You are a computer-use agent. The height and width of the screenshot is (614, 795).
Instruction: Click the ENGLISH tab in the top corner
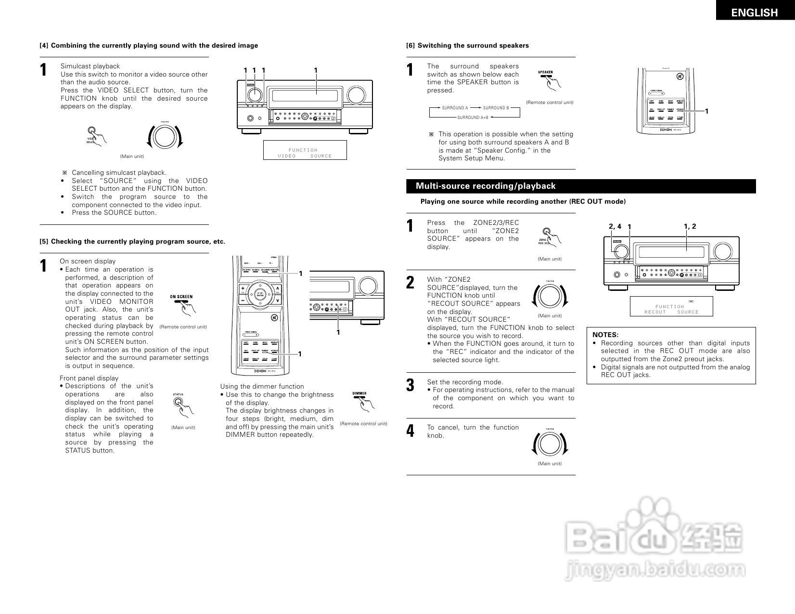point(754,13)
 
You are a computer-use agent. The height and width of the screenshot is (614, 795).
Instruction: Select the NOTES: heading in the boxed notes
point(605,335)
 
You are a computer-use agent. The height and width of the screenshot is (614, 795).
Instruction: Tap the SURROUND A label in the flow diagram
point(455,108)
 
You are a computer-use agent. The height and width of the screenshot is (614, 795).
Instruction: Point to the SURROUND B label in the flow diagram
point(496,108)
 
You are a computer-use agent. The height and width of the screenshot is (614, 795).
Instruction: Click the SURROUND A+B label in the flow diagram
point(473,118)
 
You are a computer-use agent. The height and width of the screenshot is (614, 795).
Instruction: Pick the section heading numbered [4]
point(149,46)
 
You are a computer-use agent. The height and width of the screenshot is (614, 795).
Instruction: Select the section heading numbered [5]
point(132,242)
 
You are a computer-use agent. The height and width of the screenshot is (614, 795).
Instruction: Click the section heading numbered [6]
point(467,46)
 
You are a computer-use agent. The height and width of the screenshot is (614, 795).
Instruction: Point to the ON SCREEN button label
point(181,297)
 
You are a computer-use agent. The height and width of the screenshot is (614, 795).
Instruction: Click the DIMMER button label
point(359,393)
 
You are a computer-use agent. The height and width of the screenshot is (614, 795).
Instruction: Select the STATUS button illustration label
point(178,394)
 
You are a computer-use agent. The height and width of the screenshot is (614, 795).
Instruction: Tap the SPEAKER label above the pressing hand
point(545,72)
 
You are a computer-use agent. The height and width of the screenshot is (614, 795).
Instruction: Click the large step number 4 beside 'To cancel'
point(410,431)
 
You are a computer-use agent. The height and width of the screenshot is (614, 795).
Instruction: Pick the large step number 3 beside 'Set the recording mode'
point(410,385)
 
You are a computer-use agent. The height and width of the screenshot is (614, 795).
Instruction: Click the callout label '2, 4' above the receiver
point(615,226)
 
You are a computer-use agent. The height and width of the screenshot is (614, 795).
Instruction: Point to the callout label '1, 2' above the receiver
point(690,226)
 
